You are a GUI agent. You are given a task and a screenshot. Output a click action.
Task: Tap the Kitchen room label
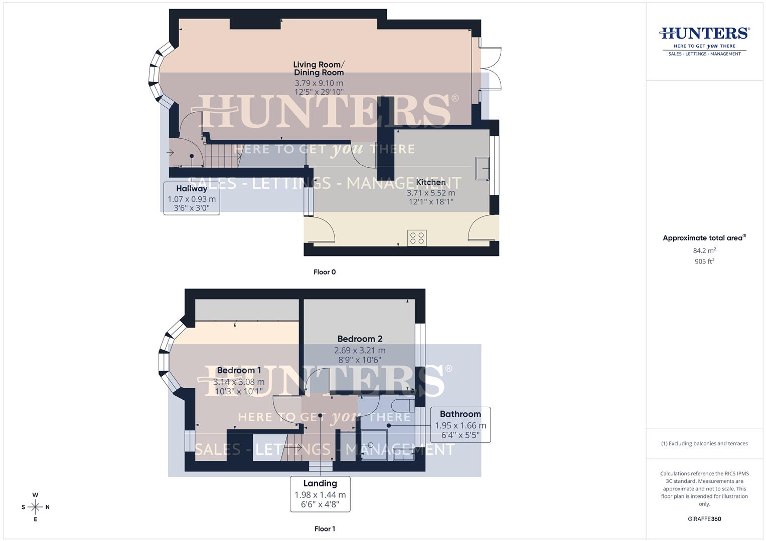(x=431, y=182)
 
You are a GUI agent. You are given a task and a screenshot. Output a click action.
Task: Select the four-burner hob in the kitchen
(x=417, y=237)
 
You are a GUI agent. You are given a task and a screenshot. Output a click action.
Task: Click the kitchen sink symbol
(x=483, y=168)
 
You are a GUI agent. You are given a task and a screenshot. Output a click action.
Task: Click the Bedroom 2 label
(x=360, y=339)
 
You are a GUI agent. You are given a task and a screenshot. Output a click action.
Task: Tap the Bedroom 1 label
(x=239, y=371)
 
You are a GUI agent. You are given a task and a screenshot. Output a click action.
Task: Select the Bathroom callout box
(x=460, y=424)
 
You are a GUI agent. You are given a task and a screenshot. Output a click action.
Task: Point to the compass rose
(x=35, y=507)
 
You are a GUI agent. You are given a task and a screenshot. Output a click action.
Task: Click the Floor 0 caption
(x=325, y=272)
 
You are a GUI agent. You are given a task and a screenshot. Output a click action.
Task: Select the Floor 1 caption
(x=325, y=528)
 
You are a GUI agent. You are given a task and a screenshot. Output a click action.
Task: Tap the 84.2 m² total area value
(x=704, y=250)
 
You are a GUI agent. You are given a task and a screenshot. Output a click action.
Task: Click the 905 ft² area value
(x=704, y=261)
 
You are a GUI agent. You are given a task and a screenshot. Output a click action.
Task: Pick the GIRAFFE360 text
(x=704, y=519)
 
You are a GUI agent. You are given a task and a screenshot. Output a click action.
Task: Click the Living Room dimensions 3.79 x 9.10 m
(x=319, y=83)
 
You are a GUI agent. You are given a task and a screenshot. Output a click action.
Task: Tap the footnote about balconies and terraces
(x=704, y=443)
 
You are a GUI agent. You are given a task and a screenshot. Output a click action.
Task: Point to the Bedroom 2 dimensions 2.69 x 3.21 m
(x=360, y=351)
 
